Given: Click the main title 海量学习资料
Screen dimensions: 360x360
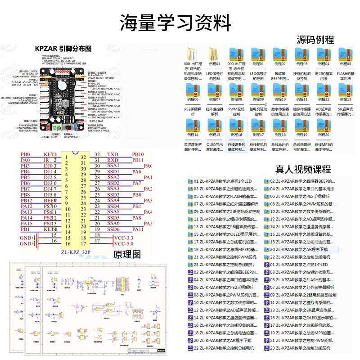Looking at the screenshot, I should coord(175,22).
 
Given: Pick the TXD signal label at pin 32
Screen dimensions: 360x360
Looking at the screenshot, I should coord(113,154).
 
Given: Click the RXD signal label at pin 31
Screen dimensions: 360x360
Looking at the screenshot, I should coord(113,160).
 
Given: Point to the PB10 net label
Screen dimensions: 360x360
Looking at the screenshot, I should coord(138,154).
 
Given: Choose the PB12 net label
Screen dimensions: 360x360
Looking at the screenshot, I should coord(26,200).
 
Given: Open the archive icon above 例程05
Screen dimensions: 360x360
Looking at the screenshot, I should coord(346,54).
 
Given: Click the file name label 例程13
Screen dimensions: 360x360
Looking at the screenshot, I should coord(346,99).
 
